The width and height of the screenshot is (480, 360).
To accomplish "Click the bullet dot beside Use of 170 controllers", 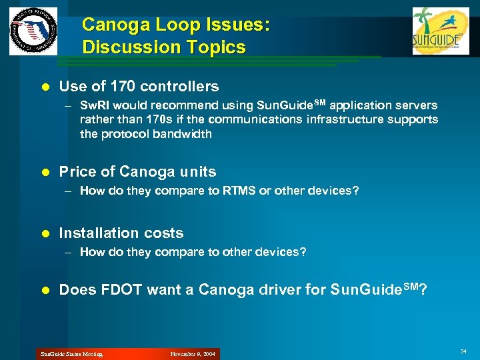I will (x=46, y=87).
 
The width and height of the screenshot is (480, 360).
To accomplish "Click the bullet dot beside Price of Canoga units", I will (x=46, y=172).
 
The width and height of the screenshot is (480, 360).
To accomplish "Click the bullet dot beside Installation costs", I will (x=46, y=233).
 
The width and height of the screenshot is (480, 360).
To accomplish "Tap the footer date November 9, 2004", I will (x=193, y=354).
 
